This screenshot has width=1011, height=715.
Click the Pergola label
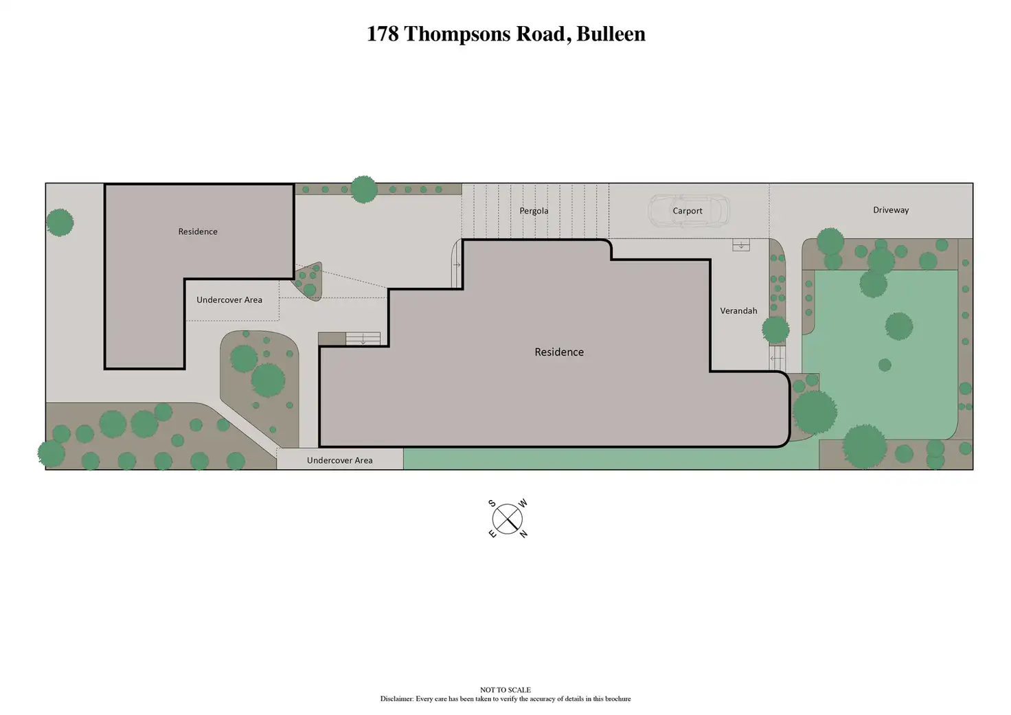click(x=534, y=211)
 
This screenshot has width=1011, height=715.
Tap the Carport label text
click(x=688, y=211)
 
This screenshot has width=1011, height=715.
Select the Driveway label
click(x=891, y=210)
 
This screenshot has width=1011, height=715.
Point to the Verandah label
click(x=738, y=310)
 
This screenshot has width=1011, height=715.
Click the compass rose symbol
click(x=508, y=519)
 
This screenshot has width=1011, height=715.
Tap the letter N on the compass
click(x=523, y=534)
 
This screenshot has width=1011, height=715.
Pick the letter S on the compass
click(x=492, y=503)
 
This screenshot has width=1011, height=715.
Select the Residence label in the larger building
click(x=559, y=352)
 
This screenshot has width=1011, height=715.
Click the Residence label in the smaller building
click(x=198, y=231)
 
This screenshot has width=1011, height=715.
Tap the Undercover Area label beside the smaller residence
click(x=229, y=299)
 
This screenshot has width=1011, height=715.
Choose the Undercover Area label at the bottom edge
click(x=340, y=460)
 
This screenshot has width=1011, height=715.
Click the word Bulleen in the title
click(x=611, y=34)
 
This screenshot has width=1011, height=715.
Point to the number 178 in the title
click(x=383, y=34)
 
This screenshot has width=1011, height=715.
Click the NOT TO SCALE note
click(x=505, y=690)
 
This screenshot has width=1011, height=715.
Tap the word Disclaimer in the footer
click(x=397, y=699)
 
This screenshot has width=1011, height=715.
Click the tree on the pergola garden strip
click(x=363, y=189)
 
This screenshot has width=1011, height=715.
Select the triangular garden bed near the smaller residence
click(x=308, y=280)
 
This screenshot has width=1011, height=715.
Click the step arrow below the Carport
click(x=741, y=245)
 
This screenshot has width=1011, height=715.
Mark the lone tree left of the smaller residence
click(x=60, y=223)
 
